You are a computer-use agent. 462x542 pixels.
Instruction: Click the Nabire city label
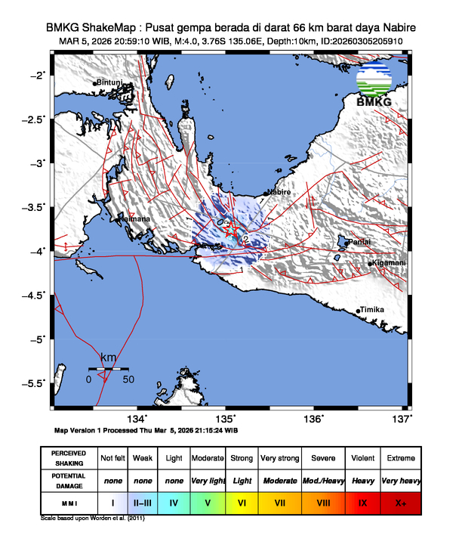tap(279, 193)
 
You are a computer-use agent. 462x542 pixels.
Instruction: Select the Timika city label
tap(372, 310)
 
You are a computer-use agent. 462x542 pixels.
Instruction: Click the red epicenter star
tap(233, 230)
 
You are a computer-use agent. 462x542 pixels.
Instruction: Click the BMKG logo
tap(374, 87)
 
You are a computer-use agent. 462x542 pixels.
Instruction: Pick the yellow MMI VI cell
tap(242, 501)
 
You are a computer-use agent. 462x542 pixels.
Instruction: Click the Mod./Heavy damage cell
tap(323, 480)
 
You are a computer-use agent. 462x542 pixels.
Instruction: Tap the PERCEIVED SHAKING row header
tap(69, 459)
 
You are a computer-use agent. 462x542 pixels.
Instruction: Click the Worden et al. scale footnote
tap(92, 519)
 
